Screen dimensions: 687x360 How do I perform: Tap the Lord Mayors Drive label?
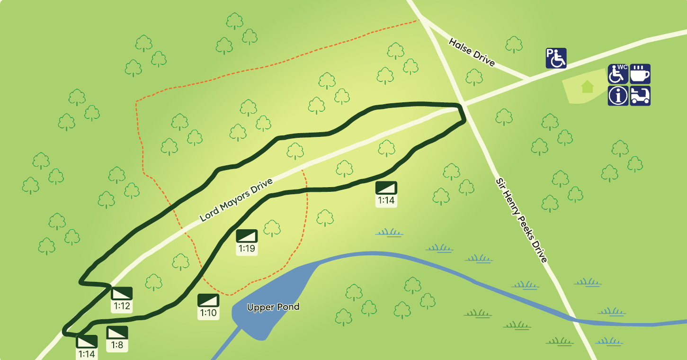236,200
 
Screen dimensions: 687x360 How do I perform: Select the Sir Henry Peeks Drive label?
521,220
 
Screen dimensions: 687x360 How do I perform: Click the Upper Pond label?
273,307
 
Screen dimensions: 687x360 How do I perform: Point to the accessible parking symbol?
556,58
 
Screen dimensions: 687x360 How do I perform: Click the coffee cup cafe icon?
640,74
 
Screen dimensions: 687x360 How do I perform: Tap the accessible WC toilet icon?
618,74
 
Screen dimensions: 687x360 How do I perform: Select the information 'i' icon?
618,96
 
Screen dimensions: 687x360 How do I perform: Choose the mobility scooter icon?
640,96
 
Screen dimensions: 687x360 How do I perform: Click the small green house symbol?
587,86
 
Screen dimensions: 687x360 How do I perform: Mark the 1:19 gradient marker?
247,242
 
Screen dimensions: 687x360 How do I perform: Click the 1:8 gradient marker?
117,338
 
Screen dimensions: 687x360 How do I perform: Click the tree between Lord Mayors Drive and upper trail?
295,151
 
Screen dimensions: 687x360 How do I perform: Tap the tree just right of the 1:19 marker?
272,228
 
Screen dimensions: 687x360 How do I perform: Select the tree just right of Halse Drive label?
514,45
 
